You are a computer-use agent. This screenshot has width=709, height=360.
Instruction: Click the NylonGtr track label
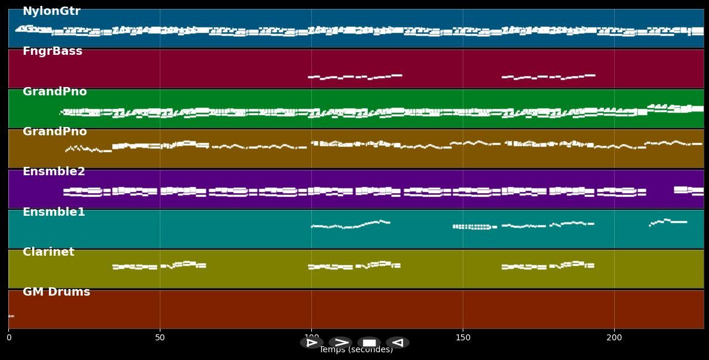click(x=51, y=11)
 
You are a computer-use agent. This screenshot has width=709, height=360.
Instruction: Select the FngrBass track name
click(x=52, y=51)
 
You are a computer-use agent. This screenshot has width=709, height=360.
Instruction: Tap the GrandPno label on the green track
click(x=55, y=92)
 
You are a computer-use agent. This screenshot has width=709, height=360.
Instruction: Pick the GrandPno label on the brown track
click(x=55, y=132)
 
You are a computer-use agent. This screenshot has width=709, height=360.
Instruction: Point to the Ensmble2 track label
click(x=54, y=172)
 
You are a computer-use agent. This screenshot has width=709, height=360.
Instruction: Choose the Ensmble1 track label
click(x=54, y=212)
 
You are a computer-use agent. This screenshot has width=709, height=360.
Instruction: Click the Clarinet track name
click(x=48, y=252)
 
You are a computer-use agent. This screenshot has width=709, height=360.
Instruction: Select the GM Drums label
click(x=56, y=292)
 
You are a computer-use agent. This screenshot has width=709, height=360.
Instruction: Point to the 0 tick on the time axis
click(x=8, y=338)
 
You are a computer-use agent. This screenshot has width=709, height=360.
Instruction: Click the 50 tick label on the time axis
click(x=160, y=338)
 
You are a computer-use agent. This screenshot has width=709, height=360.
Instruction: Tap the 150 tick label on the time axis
click(x=463, y=338)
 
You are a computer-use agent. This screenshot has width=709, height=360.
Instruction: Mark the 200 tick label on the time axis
click(x=614, y=338)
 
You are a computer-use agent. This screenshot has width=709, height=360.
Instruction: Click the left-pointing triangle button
click(x=397, y=343)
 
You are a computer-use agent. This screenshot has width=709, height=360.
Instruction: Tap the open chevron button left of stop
click(x=340, y=343)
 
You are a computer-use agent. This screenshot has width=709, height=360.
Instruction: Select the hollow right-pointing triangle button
click(x=311, y=343)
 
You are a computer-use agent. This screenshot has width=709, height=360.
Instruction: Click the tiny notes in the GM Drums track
click(x=11, y=316)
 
